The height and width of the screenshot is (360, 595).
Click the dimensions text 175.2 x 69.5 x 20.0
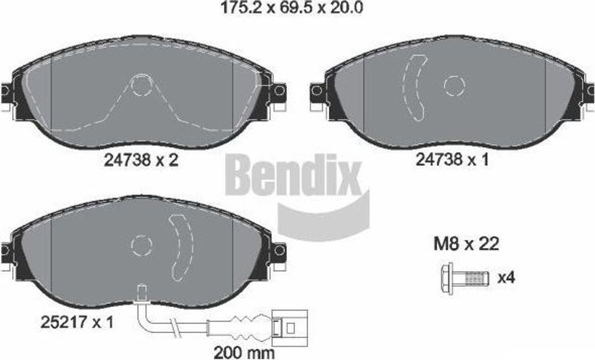tap(292, 8)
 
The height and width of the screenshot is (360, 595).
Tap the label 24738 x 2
tap(141, 160)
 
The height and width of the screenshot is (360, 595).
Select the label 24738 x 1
tap(452, 160)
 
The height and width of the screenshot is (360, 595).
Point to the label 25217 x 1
tap(77, 323)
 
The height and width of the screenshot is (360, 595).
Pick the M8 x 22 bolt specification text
tap(466, 244)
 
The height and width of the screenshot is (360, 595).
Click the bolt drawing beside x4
tap(464, 279)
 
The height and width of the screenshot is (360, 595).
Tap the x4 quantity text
tap(506, 278)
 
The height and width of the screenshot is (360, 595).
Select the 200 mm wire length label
tap(243, 353)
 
